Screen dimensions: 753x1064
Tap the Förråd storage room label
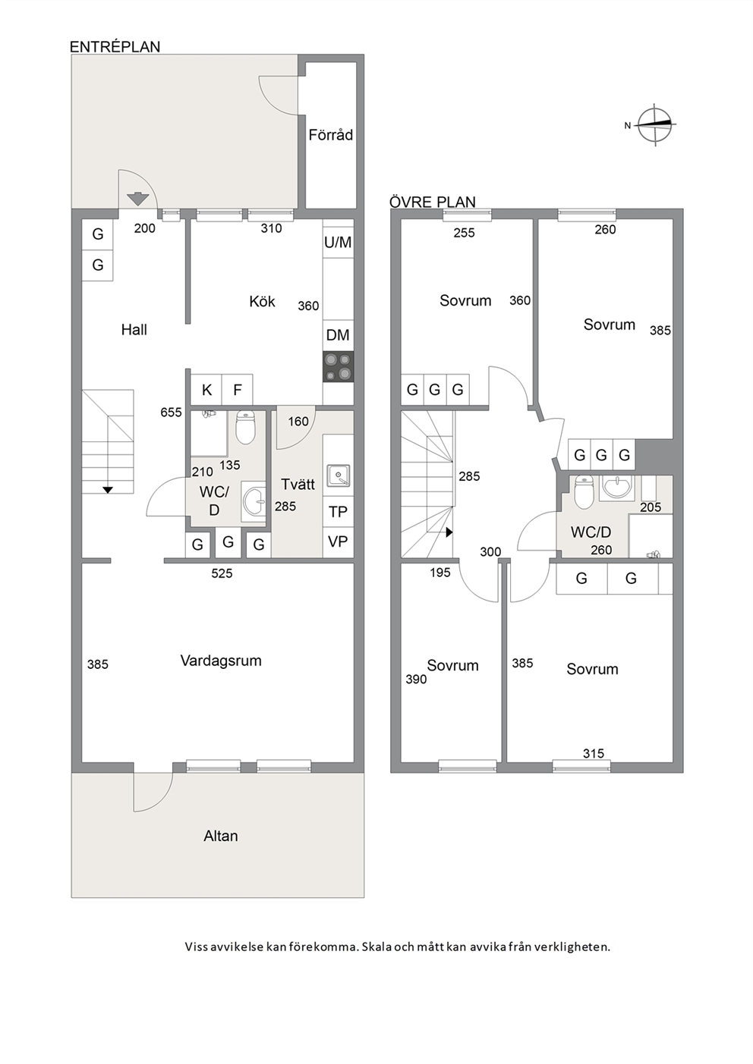[x=330, y=135]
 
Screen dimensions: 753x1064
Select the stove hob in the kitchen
[x=338, y=367]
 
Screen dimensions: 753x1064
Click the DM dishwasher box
[x=338, y=335]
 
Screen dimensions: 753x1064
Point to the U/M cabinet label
[x=338, y=243]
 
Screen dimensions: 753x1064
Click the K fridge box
[x=206, y=390]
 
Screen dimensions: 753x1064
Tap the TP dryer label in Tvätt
[x=338, y=512]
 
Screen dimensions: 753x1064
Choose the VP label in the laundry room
[x=338, y=541]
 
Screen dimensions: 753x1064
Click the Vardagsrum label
[x=221, y=661]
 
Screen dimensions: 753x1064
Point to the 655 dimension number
[x=171, y=413]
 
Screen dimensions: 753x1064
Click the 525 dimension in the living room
[x=222, y=573]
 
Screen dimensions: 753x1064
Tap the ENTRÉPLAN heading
[x=115, y=46]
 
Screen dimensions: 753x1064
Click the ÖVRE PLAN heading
[x=433, y=202]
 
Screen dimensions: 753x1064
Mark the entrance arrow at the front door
[x=138, y=198]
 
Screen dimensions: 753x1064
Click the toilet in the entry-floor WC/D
[x=245, y=427]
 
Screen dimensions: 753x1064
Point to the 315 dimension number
[x=594, y=753]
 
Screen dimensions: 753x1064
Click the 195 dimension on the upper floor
[x=440, y=573]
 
